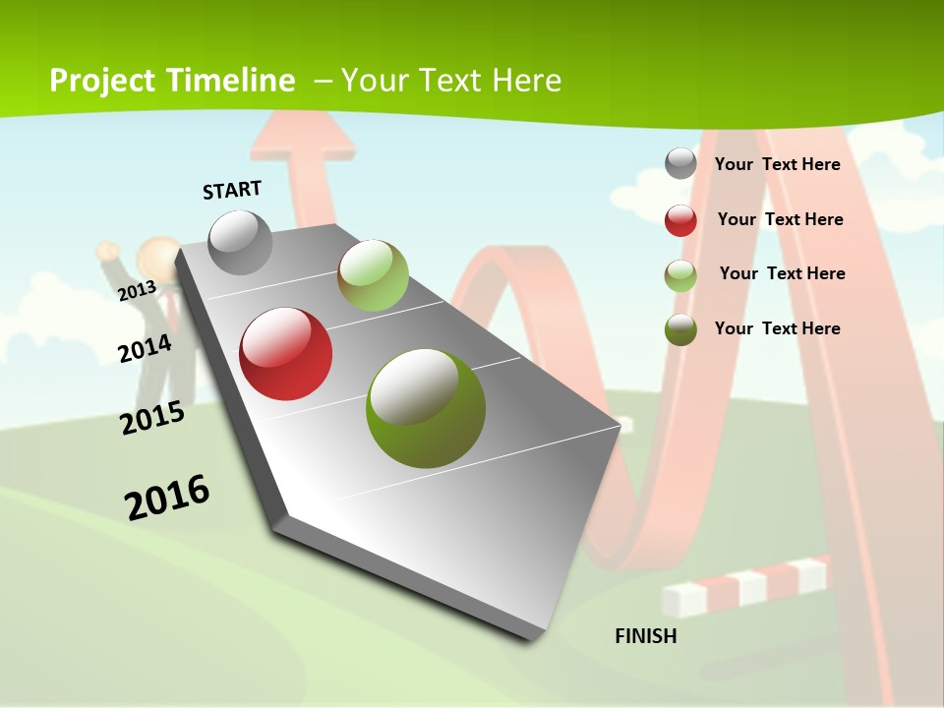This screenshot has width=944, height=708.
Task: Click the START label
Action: (x=232, y=189)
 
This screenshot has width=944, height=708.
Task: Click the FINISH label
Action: (x=646, y=636)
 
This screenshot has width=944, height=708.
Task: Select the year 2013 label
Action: (x=137, y=290)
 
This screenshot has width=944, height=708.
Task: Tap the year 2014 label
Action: (x=146, y=348)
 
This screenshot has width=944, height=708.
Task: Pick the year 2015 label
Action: (x=152, y=418)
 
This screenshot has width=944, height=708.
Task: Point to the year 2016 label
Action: (x=167, y=498)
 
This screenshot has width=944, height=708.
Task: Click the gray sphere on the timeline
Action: (x=240, y=242)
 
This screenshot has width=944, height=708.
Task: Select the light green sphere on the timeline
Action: (x=373, y=275)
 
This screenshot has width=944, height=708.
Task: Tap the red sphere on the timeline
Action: (x=286, y=354)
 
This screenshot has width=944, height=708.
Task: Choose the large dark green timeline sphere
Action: (x=426, y=408)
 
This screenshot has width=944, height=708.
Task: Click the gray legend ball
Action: (x=680, y=163)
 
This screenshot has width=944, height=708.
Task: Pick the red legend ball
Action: (x=680, y=220)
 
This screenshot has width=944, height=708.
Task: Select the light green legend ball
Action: (x=680, y=275)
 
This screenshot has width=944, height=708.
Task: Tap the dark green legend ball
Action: (x=680, y=329)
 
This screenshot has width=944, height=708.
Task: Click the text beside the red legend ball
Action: (x=780, y=219)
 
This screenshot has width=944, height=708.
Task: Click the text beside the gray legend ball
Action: (x=777, y=164)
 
